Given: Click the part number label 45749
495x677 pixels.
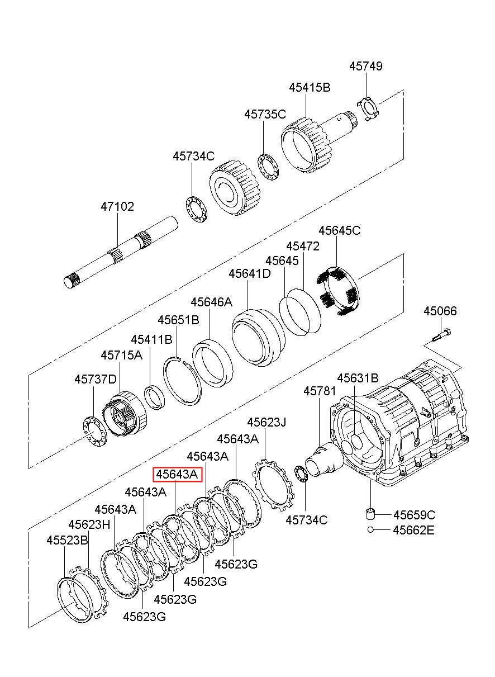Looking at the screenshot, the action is click(x=366, y=66).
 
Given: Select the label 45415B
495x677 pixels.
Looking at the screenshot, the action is click(x=310, y=88).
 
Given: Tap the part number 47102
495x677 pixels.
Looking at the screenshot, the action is click(x=117, y=207).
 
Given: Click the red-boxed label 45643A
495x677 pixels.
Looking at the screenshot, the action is click(x=177, y=475).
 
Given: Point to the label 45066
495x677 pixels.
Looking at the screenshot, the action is click(x=440, y=311).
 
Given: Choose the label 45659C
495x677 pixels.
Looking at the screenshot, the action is click(x=415, y=515).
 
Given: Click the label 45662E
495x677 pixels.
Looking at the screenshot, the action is click(x=413, y=530).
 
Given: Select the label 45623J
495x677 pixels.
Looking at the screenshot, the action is click(x=266, y=422).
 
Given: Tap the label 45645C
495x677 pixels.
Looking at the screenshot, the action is click(x=340, y=230).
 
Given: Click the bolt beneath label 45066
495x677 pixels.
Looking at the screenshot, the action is click(x=441, y=335).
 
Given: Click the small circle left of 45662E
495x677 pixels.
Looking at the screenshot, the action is click(x=371, y=530).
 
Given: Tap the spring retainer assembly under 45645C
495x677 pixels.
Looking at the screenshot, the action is click(x=339, y=292).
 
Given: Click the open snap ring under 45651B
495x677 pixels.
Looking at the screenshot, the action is click(x=182, y=381).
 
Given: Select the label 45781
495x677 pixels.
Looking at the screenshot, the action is click(x=320, y=391).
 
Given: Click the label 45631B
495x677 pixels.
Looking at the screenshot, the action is click(x=358, y=378).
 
